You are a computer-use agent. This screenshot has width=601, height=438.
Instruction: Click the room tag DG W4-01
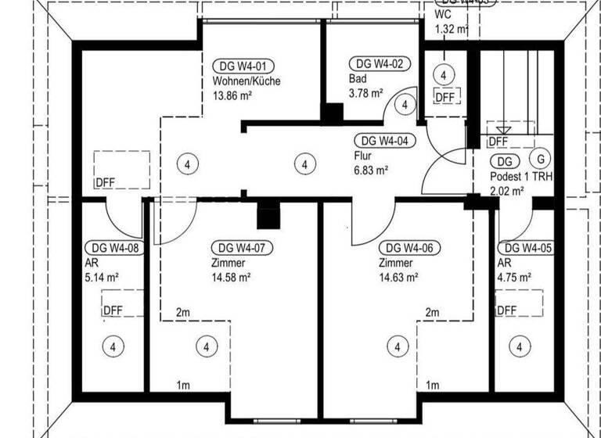coord(243,66)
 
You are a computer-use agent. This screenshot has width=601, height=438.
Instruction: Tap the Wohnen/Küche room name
coord(246,81)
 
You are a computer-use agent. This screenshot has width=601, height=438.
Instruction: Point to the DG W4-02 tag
coord(380,65)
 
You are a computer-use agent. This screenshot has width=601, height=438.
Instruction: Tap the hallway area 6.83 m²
coord(372,170)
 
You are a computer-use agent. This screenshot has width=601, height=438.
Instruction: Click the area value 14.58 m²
coord(230,278)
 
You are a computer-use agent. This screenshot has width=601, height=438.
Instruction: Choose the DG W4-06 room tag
coord(408,248)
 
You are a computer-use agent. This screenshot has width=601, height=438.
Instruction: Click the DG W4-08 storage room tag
coord(113,248)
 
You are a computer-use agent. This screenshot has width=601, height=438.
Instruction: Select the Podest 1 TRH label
coord(520,177)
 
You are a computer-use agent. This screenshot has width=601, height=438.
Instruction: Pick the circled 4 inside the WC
coord(444,75)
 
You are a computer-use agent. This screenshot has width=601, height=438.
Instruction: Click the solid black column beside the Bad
coord(333,114)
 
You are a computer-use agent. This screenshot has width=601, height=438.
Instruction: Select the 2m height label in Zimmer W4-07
coord(183,313)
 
